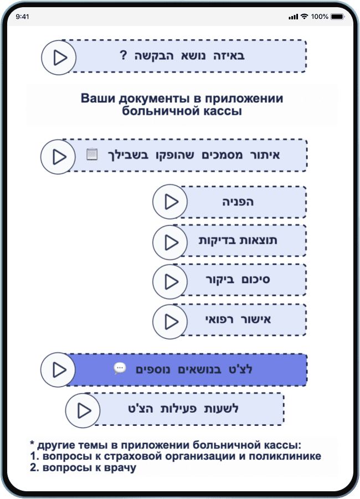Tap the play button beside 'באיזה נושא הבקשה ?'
[x=59, y=56]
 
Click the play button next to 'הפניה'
[x=170, y=202]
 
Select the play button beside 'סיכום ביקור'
[x=170, y=281]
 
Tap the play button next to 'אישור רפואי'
[x=170, y=321]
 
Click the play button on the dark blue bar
[x=59, y=369]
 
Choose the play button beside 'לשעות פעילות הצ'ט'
[x=83, y=410]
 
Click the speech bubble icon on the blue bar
[x=120, y=368]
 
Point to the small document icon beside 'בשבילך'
[x=92, y=155]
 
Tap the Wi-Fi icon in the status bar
[x=304, y=17]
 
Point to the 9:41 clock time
[x=23, y=17]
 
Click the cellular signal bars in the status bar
[x=293, y=17]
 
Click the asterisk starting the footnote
[x=32, y=445]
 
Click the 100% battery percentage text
[x=320, y=17]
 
